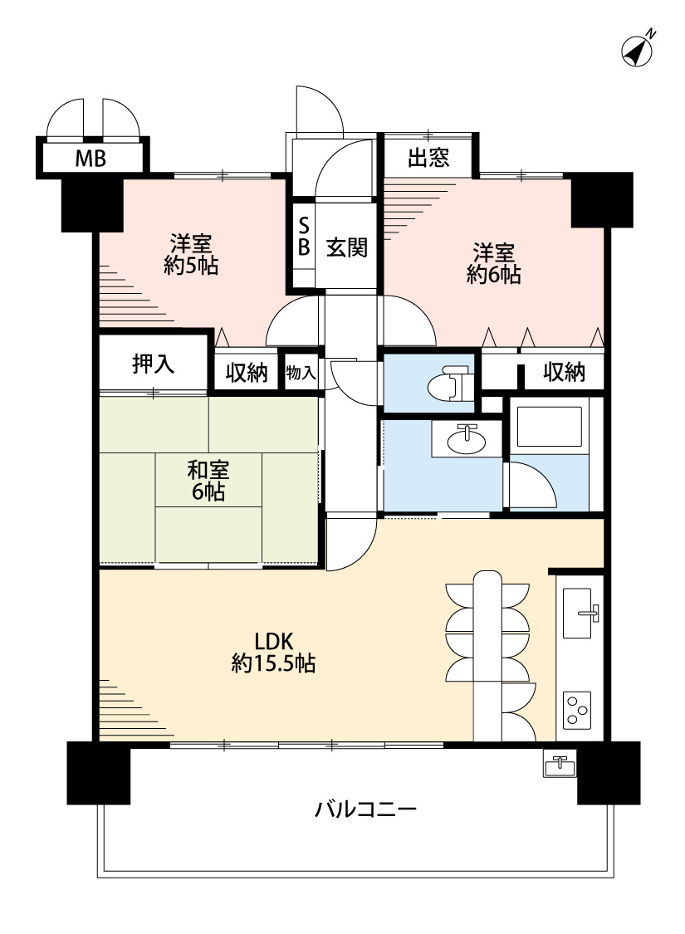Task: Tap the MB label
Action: coord(91,159)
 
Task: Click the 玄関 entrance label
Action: coord(347,247)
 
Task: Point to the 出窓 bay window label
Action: coord(428,158)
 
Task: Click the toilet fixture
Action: coord(450,384)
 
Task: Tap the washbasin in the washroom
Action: coord(467,439)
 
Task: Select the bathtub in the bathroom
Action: coord(549,427)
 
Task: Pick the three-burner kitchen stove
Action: coord(577,710)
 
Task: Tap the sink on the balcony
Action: coord(560,764)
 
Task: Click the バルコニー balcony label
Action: coord(365,809)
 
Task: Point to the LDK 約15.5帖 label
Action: coord(273,653)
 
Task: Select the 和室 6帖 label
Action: coord(208,482)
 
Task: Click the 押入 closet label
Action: coord(153,364)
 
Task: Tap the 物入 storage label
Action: coord(301,374)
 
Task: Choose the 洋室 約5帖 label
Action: coord(191,254)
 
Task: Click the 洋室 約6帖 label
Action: coord(494,263)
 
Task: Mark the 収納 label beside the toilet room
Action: coord(564,372)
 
